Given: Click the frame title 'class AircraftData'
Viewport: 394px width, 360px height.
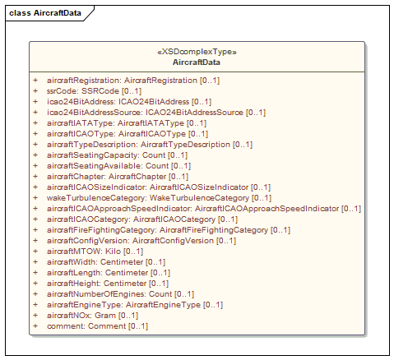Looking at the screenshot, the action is (45, 13).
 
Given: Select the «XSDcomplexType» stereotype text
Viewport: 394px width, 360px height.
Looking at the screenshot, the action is (197, 52).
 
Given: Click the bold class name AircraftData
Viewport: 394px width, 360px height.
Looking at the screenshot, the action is (197, 62).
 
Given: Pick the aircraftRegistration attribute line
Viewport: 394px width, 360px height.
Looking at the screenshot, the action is (133, 81).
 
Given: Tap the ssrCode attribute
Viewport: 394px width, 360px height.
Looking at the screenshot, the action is (94, 91).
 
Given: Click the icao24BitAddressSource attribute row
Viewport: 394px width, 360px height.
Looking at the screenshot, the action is (156, 113).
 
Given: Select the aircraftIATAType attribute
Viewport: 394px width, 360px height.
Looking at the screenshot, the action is (127, 123).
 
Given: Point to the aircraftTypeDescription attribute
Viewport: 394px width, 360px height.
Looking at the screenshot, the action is (150, 145).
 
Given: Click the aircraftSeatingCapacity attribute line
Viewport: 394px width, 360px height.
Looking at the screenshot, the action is (117, 155).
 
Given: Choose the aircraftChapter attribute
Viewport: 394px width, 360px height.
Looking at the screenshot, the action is (118, 177).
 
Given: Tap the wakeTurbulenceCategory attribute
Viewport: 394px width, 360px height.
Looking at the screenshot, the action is (159, 198).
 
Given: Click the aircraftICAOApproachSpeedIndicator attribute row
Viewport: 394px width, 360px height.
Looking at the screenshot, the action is (204, 209).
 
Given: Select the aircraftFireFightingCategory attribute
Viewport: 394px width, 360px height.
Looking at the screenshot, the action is (169, 230).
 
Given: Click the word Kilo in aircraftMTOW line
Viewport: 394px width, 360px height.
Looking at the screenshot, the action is (113, 252).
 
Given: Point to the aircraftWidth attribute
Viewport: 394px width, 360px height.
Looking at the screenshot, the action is (106, 262).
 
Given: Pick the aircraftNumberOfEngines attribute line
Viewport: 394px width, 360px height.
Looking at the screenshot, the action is (120, 294).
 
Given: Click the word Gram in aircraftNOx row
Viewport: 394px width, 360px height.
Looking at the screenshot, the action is (105, 316).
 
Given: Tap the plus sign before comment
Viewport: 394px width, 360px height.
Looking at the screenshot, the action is (35, 326).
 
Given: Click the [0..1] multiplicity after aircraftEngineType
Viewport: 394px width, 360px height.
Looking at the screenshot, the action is (213, 305).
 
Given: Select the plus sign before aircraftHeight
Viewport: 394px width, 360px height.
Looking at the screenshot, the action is (35, 284).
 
